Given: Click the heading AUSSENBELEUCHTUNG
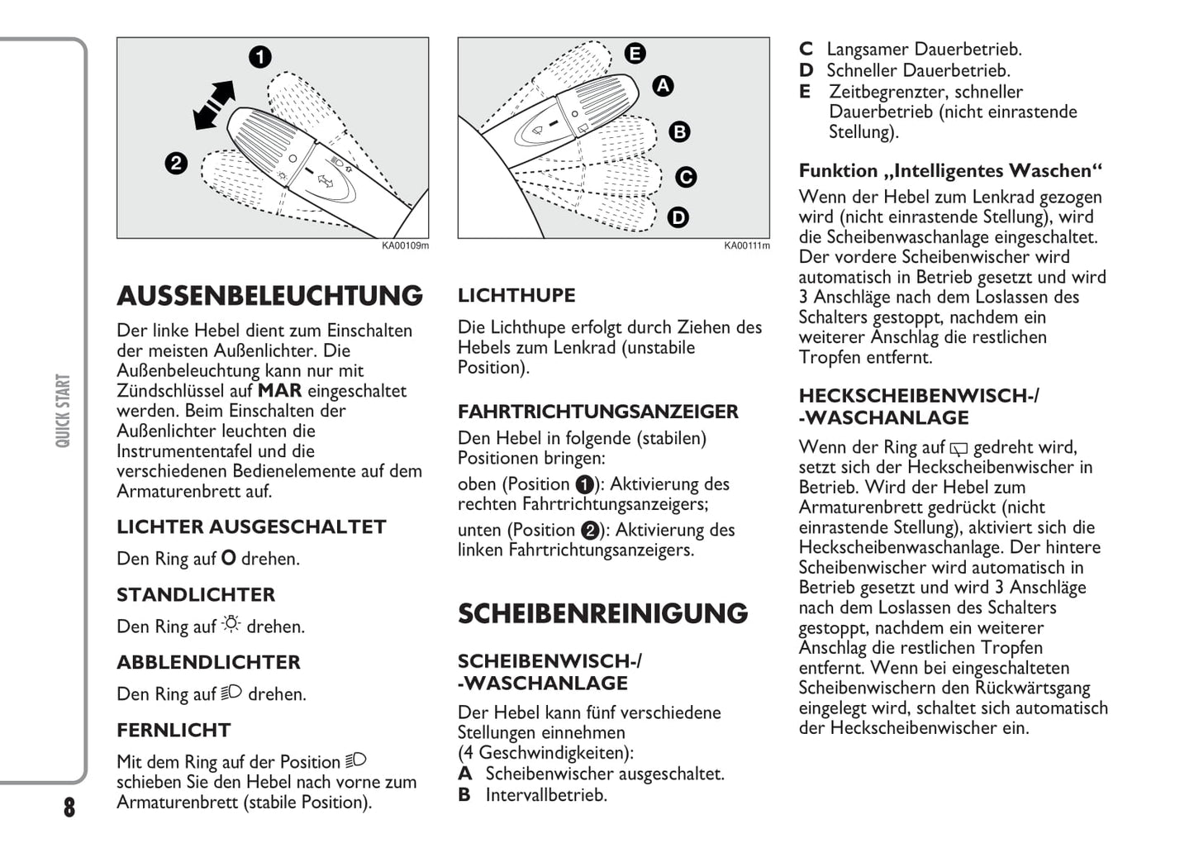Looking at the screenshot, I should [269, 296].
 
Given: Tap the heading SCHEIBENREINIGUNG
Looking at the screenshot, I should [602, 613].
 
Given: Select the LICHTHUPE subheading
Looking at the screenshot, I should [516, 295].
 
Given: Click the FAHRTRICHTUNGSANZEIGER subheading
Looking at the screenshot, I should [597, 412].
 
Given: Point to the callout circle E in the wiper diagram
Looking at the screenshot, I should [635, 54].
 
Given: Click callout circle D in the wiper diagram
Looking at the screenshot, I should [678, 217].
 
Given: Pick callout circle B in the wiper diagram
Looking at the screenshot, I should [679, 131].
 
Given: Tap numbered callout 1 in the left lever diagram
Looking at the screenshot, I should [259, 57].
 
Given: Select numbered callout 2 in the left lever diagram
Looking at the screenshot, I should [176, 163].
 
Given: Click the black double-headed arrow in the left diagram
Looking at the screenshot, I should [214, 105].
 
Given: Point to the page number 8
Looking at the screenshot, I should [69, 808].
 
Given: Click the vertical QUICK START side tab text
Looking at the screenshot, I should [63, 411].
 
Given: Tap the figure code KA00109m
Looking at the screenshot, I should [405, 245].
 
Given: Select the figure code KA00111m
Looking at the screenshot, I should [747, 245].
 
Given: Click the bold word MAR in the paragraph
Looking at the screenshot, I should [280, 391].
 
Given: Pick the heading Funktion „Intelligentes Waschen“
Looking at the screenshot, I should [950, 171].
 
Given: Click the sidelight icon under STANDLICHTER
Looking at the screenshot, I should [231, 625].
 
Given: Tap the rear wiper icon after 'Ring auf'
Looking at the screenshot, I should [959, 449].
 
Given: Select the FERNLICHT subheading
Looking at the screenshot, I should [174, 731].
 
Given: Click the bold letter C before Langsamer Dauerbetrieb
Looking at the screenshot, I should [806, 50].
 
